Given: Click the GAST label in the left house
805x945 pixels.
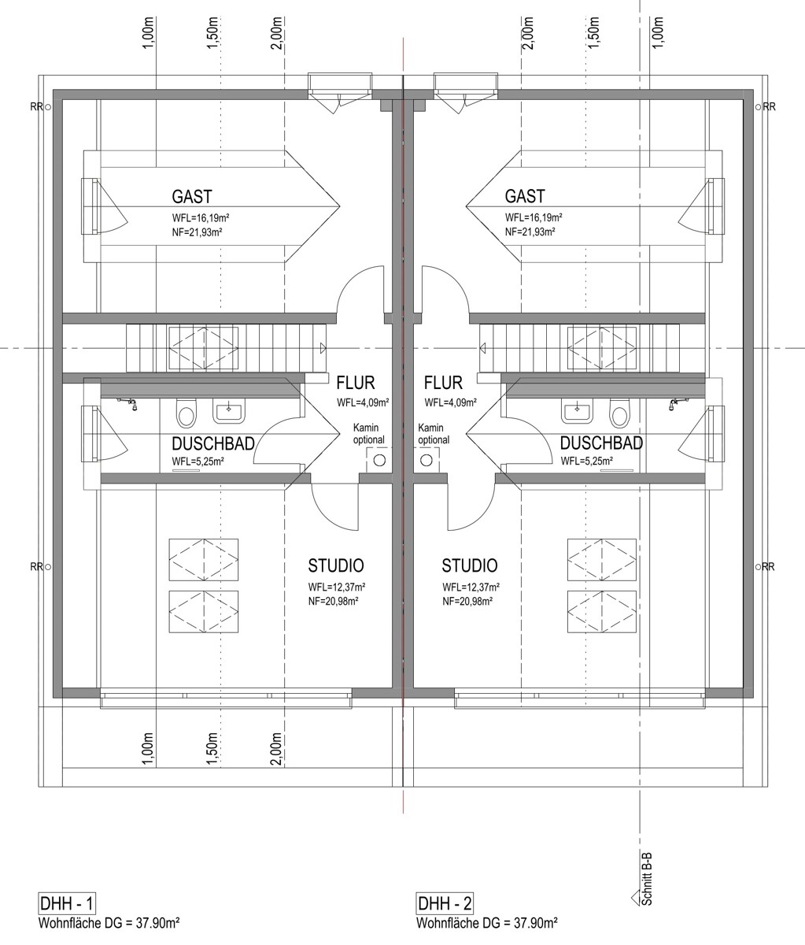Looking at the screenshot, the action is [x=192, y=197].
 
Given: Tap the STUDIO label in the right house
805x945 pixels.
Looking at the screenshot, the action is [x=469, y=565].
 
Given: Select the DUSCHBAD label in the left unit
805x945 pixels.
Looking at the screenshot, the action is [x=213, y=443].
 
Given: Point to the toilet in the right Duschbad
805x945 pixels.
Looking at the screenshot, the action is [x=619, y=413].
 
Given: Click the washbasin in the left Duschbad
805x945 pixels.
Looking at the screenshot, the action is [x=229, y=410].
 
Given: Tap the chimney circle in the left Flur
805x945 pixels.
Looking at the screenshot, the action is [x=379, y=460].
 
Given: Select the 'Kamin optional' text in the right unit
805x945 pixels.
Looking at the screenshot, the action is [x=434, y=433].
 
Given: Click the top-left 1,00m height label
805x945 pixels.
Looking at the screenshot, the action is [x=149, y=34].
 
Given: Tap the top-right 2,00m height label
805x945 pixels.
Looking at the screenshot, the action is [x=528, y=34].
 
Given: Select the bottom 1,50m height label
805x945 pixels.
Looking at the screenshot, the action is [x=212, y=748].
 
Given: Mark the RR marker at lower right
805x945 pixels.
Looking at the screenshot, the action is [x=764, y=567].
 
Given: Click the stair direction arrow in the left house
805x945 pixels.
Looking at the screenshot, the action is [x=323, y=348].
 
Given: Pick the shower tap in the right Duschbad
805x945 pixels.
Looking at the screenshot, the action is [x=676, y=402].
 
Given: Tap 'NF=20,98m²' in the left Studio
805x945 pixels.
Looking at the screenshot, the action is [x=333, y=601].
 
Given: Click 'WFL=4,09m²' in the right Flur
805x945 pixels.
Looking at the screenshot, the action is [x=450, y=402].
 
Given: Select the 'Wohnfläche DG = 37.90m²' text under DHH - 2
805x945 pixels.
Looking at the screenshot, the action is [x=486, y=923].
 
